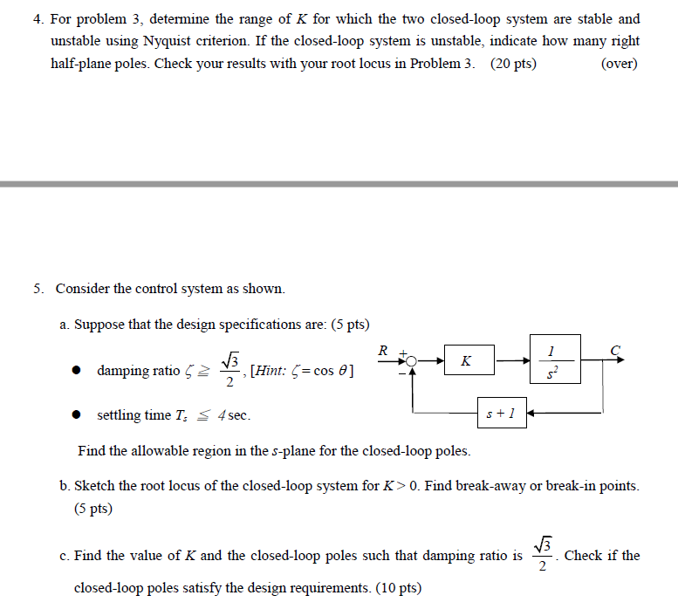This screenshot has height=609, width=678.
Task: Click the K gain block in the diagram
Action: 466,359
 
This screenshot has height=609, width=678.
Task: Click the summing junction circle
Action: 413,359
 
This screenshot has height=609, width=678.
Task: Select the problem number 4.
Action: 38,18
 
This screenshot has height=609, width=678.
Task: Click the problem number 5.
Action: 38,288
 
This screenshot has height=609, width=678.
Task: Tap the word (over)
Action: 620,64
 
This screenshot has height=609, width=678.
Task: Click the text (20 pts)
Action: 514,64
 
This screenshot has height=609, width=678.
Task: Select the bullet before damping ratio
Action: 78,371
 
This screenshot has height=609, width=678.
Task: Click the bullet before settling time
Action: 78,415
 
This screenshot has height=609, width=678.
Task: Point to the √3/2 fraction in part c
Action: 543,556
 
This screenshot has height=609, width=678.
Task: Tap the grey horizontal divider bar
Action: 339,184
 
